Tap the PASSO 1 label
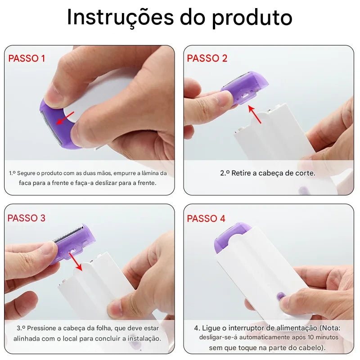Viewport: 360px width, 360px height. tap(27, 58)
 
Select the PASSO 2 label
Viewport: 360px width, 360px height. tap(207, 58)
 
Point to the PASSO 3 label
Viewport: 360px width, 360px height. tap(27, 218)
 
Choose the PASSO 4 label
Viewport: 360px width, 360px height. tap(206, 219)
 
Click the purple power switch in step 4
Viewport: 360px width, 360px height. tap(281, 297)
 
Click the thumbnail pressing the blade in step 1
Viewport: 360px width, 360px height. tap(56, 95)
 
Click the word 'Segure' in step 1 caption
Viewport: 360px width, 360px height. tap(27, 173)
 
